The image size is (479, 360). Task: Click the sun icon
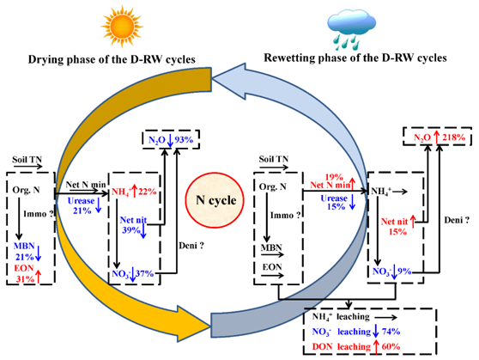click(122, 27)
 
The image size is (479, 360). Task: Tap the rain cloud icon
click(351, 30)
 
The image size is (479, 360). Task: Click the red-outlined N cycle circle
click(215, 200)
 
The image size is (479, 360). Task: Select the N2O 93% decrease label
click(171, 140)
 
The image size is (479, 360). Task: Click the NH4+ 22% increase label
click(134, 192)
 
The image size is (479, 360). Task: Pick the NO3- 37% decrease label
click(132, 274)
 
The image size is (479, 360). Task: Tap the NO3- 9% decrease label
click(391, 272)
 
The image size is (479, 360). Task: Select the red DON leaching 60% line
click(356, 347)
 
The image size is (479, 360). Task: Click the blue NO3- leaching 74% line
click(356, 332)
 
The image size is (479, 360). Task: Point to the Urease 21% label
click(84, 205)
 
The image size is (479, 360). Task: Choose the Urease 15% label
click(338, 202)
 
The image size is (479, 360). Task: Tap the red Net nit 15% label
click(398, 225)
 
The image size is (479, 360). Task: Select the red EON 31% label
click(27, 273)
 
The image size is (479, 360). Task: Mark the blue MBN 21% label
click(27, 252)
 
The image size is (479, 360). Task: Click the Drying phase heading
click(112, 59)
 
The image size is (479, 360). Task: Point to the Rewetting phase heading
click(355, 58)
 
